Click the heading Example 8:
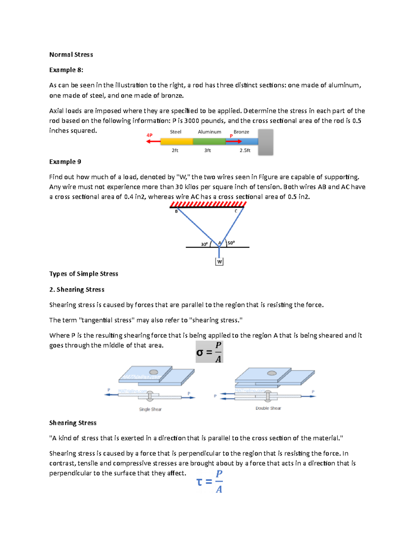click(66, 70)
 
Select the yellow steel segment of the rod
click(176, 142)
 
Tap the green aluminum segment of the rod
click(209, 142)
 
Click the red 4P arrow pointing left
click(153, 141)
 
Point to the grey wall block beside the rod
click(265, 142)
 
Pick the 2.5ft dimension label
click(245, 150)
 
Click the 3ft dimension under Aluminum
click(207, 150)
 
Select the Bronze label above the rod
click(241, 132)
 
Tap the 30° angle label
click(204, 244)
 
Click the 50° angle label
click(231, 243)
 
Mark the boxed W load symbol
click(219, 262)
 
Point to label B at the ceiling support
click(176, 211)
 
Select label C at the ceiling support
click(236, 211)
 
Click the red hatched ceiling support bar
click(208, 204)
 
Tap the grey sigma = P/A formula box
click(209, 352)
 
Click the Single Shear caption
click(150, 409)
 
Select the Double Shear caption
click(268, 408)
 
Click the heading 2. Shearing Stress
click(77, 290)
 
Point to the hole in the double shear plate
click(272, 373)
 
